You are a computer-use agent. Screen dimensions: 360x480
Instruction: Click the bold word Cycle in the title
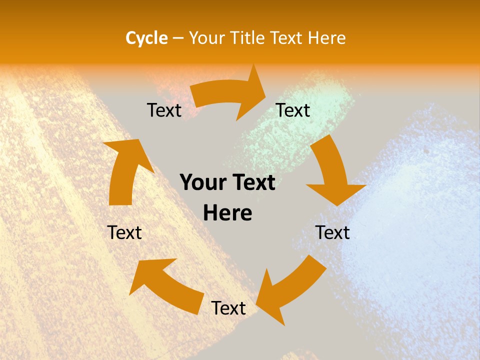point(146,38)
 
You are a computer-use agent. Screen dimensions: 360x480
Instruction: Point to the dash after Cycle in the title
point(178,38)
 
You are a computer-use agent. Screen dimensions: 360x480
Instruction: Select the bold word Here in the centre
point(227,213)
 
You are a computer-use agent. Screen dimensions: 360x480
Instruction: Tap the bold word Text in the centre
point(252,182)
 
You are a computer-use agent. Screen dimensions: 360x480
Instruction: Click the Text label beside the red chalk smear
point(164,110)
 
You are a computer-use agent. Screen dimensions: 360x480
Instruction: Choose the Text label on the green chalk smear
point(293,110)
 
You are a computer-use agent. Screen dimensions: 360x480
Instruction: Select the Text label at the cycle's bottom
point(228,308)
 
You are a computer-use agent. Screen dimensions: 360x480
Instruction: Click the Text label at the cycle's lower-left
point(124,232)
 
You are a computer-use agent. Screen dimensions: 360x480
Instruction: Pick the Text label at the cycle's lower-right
point(332,232)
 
